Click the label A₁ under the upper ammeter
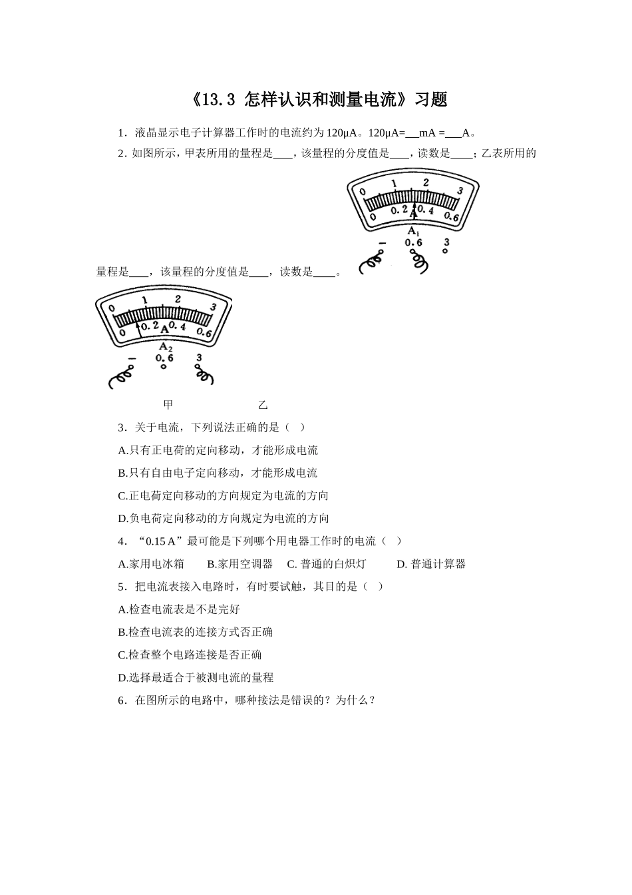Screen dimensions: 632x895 click(x=413, y=231)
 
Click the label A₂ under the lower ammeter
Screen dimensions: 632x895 click(x=165, y=346)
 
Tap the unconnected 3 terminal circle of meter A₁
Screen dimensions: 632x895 click(x=446, y=251)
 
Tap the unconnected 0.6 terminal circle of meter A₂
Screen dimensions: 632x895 click(x=164, y=367)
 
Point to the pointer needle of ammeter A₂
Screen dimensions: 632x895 click(x=138, y=330)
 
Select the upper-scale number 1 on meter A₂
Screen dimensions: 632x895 click(x=144, y=301)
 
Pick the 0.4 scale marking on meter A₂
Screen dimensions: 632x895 click(x=177, y=326)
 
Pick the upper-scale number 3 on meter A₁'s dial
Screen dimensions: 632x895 click(x=460, y=190)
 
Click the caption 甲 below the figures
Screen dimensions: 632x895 click(x=168, y=404)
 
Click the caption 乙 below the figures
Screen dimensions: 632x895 click(x=263, y=404)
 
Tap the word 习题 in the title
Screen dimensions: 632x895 click(x=430, y=100)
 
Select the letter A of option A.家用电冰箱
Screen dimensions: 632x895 click(x=122, y=564)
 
